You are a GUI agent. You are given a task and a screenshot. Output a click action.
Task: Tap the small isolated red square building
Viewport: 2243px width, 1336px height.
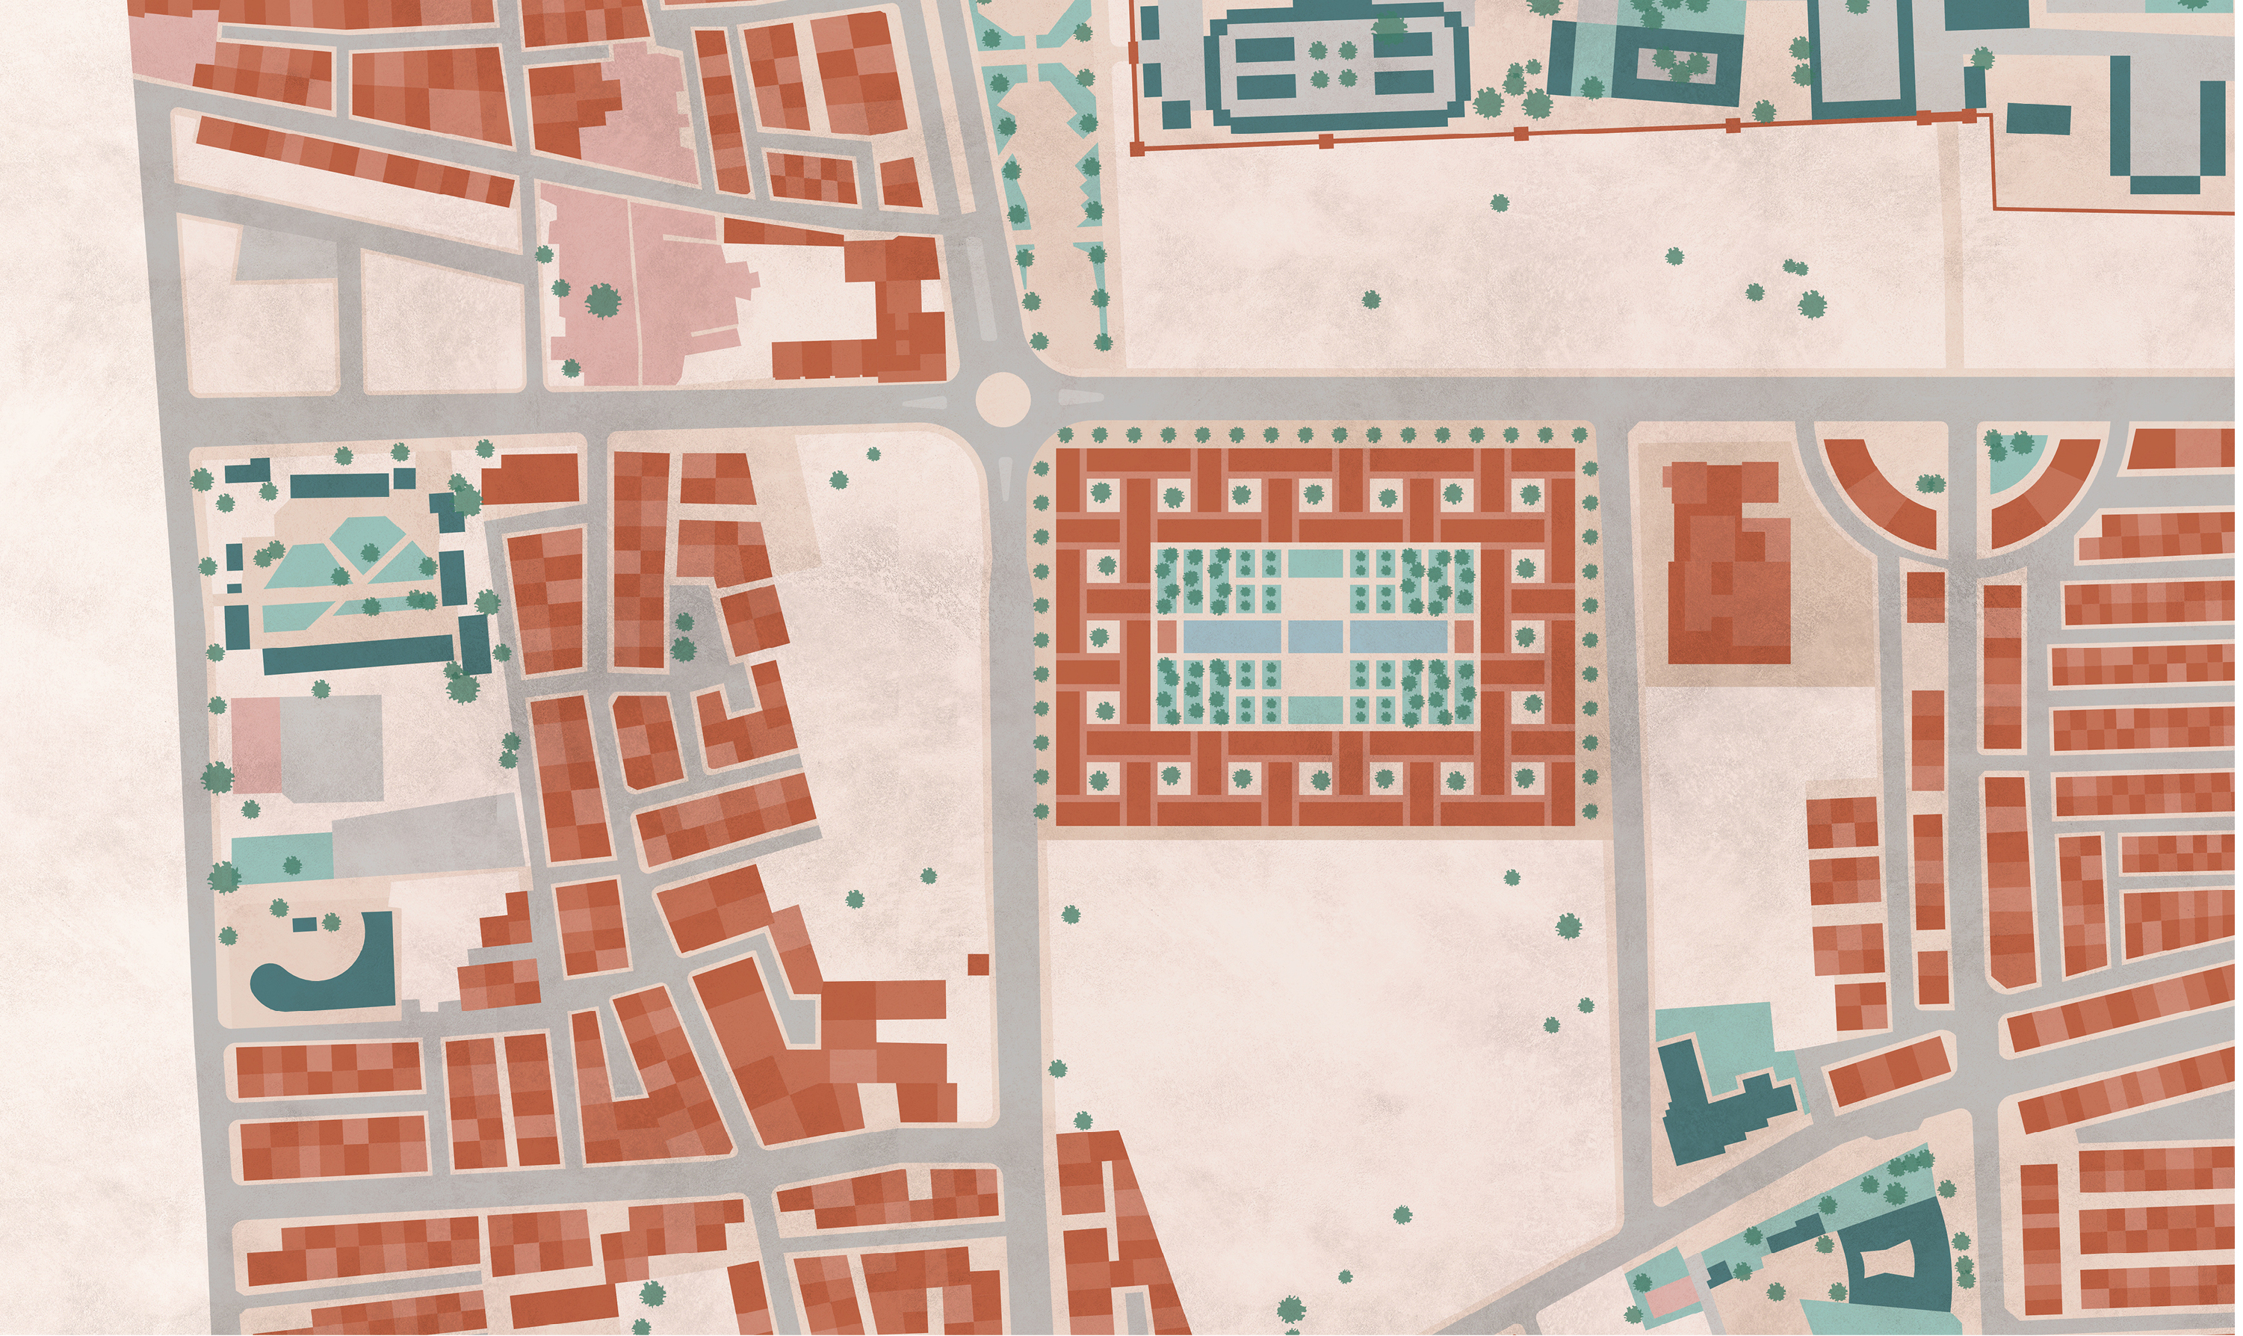pos(978,964)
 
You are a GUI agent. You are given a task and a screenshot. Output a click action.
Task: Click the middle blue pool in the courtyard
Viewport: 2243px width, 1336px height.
pos(1317,637)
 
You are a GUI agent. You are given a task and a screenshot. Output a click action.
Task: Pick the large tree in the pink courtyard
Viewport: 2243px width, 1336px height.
pos(602,300)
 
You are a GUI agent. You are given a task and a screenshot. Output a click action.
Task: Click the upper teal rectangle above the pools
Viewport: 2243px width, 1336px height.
pos(1315,563)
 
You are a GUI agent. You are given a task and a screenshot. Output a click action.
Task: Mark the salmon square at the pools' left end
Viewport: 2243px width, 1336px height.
pos(1167,637)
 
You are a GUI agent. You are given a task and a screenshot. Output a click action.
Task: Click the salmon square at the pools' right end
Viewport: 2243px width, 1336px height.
pos(1464,637)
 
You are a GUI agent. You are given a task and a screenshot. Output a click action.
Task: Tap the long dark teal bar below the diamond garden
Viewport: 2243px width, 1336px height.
pos(358,653)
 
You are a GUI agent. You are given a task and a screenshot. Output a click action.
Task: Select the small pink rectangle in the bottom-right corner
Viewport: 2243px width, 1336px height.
pos(1672,1296)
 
